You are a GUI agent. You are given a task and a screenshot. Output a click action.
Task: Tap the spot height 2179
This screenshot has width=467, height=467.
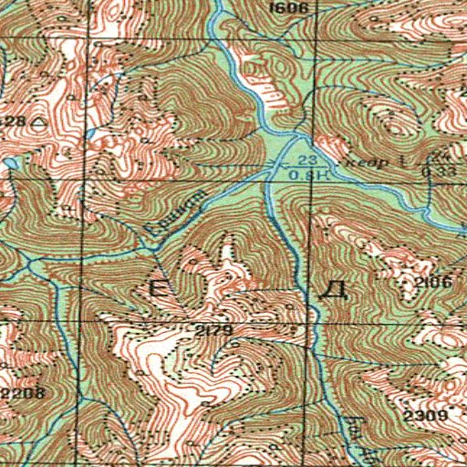(209, 328)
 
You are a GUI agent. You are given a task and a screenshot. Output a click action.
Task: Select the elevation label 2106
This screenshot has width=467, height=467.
(432, 284)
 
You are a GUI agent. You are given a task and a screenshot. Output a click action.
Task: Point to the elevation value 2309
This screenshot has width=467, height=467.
(424, 416)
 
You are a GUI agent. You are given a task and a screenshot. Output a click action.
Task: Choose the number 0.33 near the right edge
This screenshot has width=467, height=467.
(445, 171)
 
